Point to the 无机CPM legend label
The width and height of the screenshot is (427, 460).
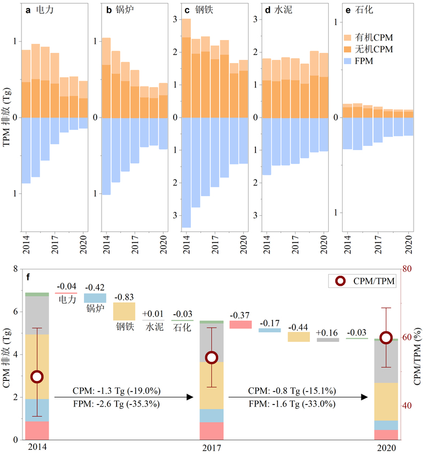(x=376, y=50)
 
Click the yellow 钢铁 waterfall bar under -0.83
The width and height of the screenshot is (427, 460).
(x=124, y=311)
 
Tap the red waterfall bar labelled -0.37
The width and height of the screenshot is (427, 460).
(x=240, y=324)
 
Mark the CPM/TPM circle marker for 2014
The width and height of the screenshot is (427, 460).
(x=37, y=377)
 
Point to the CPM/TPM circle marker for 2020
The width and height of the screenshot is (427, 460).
(x=386, y=337)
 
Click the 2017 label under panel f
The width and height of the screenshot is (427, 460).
(x=212, y=448)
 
